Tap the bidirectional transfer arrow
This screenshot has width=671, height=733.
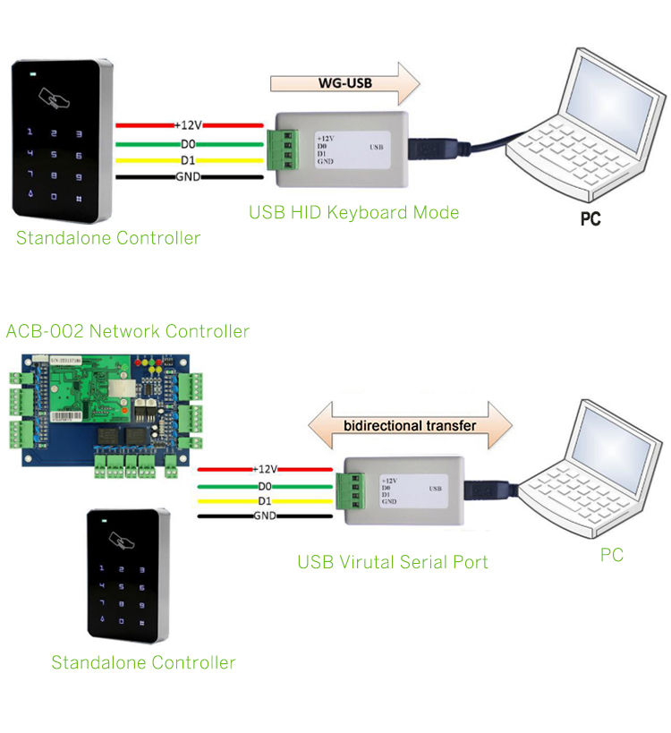409,425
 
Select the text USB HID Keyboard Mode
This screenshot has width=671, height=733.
353,212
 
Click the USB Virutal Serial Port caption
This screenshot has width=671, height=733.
393,562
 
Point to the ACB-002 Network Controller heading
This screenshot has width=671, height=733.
128,331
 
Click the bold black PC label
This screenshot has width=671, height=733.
590,217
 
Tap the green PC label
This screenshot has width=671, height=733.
611,556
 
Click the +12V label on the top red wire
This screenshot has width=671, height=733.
189,125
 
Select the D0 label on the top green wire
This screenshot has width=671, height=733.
189,143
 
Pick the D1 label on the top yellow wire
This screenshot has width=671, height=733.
189,160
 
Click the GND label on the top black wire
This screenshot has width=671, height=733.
189,177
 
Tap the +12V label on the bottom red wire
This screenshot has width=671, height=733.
266,469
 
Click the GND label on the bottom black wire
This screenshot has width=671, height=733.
266,516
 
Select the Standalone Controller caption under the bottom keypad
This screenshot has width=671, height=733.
143,663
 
